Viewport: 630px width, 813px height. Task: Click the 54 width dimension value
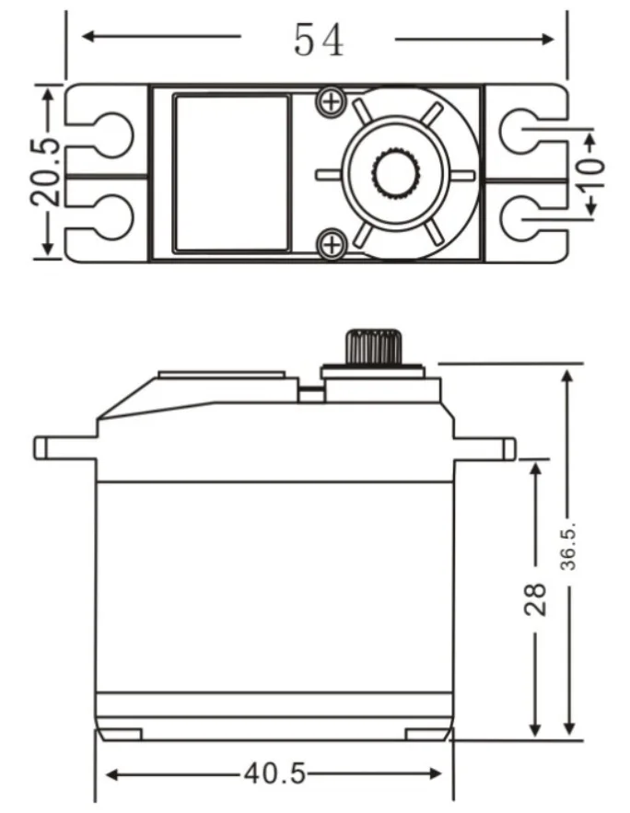coord(319,40)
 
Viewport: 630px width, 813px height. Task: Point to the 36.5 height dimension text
coord(569,547)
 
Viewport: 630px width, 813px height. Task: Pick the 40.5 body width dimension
coord(274,774)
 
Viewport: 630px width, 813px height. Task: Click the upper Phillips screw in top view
coord(331,101)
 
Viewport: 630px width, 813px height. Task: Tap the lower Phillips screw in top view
coord(331,243)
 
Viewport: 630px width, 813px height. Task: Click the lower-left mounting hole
coord(113,216)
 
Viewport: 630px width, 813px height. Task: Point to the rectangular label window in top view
coord(231,174)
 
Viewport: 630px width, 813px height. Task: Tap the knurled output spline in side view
coord(374,346)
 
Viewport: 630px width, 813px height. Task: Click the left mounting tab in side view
coord(65,448)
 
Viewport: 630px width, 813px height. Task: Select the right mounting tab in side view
coord(484,448)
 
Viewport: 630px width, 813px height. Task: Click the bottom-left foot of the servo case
coord(119,735)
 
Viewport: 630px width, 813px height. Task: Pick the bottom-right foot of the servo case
coord(427,735)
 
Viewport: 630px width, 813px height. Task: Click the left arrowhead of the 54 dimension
coord(88,36)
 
